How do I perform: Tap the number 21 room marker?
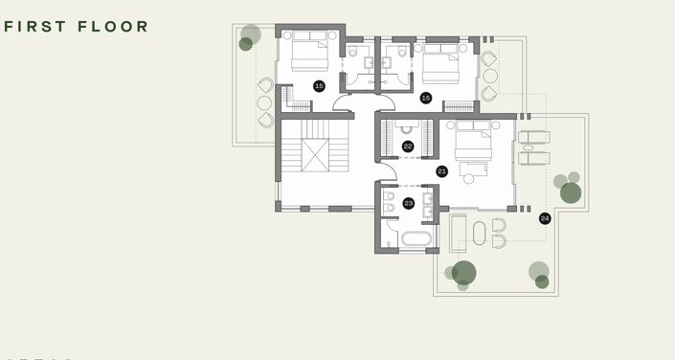(441, 171)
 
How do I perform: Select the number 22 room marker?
(408, 146)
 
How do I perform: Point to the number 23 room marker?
(409, 203)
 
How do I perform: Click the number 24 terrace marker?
(545, 218)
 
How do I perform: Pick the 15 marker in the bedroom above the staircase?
(319, 86)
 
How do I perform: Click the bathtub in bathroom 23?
(416, 238)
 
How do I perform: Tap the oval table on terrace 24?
(480, 233)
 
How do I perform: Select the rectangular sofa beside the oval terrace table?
(459, 233)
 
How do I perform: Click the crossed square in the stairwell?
(315, 155)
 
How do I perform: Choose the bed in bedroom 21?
(473, 141)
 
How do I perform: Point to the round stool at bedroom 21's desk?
(468, 178)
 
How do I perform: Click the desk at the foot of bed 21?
(474, 169)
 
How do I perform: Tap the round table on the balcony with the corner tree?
(264, 102)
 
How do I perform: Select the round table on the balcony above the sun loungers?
(490, 76)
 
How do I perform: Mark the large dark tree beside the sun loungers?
(571, 192)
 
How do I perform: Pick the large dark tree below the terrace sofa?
(464, 272)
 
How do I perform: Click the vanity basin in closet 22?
(405, 128)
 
